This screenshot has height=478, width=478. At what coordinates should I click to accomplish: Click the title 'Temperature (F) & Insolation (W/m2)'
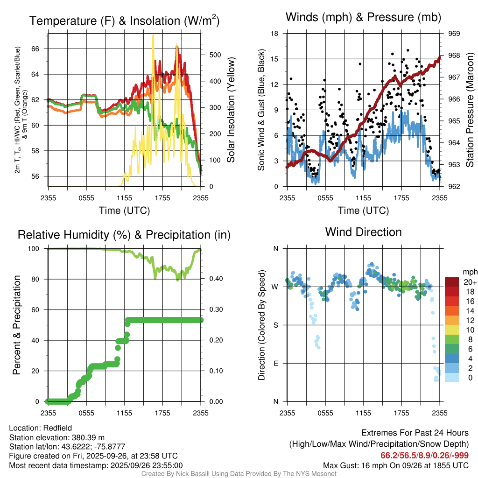(x=124, y=21)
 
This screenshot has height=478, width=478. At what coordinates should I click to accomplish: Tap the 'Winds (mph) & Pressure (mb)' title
(x=363, y=17)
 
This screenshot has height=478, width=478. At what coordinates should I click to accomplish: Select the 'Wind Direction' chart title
(x=363, y=232)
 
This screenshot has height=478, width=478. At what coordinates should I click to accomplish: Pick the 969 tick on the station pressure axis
(x=454, y=34)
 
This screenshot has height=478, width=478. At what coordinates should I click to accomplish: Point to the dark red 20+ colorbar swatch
(x=452, y=282)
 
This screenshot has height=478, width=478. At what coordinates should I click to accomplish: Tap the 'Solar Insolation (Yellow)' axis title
(x=231, y=110)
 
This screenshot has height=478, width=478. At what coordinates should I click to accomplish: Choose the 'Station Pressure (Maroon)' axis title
(x=470, y=110)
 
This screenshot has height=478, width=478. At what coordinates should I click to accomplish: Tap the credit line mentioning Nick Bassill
(x=239, y=474)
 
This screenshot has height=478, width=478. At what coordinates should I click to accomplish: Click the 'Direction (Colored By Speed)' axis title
(x=262, y=325)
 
